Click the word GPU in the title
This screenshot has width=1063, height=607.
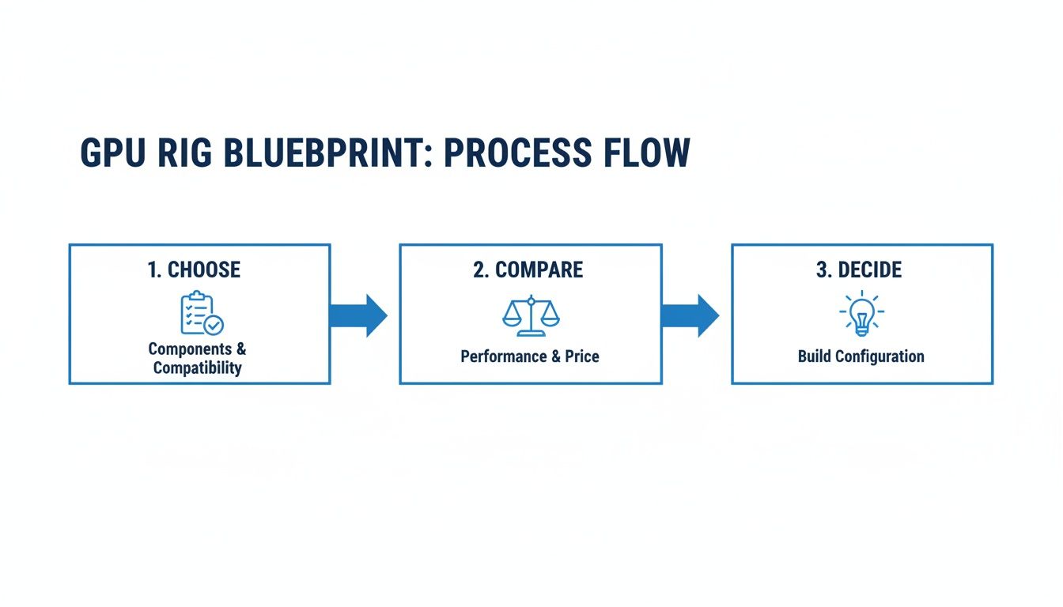pos(112,153)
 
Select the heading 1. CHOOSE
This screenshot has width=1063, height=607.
pos(194,270)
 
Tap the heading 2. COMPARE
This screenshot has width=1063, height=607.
pos(528,270)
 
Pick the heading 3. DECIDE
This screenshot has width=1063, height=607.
pos(859,270)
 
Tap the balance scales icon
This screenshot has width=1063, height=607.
pos(531,314)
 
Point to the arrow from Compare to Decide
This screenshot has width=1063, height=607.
pos(690,315)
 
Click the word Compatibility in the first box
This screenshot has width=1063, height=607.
pos(198,368)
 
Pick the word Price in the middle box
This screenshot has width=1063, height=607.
pos(581,356)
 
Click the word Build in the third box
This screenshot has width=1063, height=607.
pos(815,356)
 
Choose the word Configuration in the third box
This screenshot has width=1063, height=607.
pos(880,356)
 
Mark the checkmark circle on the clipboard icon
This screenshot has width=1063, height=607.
pos(214,325)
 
